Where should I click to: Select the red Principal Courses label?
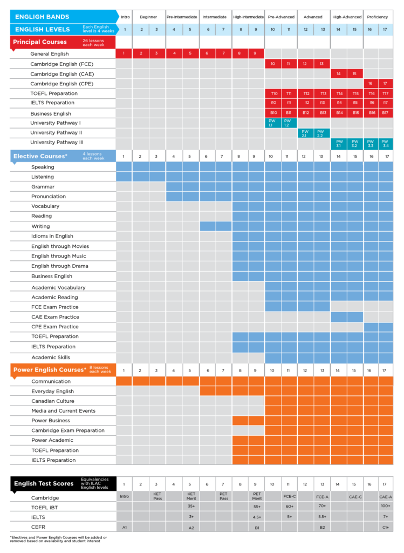click(x=40, y=42)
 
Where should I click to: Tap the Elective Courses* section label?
click(x=40, y=156)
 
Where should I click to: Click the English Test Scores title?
click(x=44, y=483)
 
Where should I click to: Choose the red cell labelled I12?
click(x=306, y=103)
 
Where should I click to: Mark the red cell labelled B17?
click(x=385, y=113)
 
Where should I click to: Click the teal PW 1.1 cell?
click(x=272, y=123)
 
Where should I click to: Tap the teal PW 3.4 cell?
click(x=385, y=144)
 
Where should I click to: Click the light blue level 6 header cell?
click(x=208, y=30)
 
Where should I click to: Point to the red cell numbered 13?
click(x=322, y=64)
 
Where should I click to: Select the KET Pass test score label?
click(x=158, y=496)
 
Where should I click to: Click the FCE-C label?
click(x=289, y=496)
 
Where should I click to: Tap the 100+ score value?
click(x=385, y=506)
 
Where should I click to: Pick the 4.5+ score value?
click(x=257, y=517)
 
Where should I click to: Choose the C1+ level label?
click(x=385, y=527)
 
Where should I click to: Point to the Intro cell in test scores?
click(x=125, y=496)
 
